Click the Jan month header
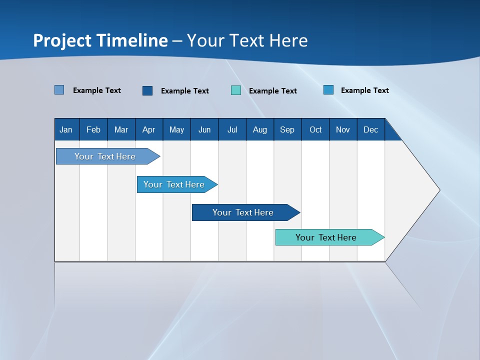coord(66,129)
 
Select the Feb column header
coord(93,129)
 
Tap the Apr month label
coord(148,129)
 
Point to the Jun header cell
coord(204,129)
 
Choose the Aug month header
coord(260,129)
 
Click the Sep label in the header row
coord(287,129)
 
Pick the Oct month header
coord(315,129)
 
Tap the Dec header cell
coord(371,129)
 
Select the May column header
coord(176,129)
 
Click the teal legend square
coord(236,90)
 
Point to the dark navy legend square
coord(147,90)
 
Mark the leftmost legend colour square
coord(59,90)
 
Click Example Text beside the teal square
coord(273,91)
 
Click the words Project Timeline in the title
coord(100,40)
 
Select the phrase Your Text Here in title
coord(247,40)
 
